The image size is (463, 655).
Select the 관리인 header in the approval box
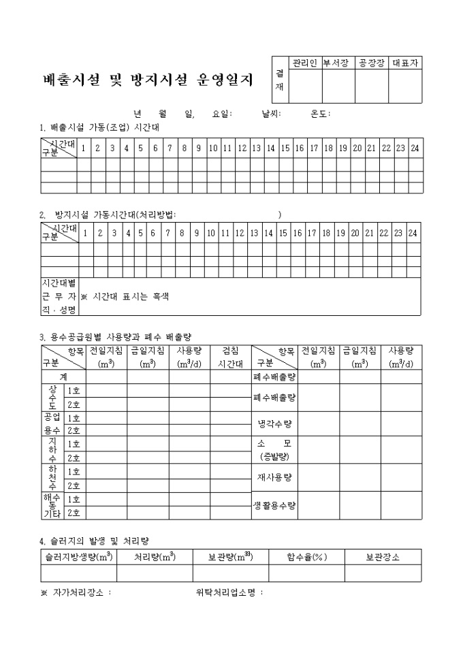click(x=305, y=63)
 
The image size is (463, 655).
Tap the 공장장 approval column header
click(x=372, y=63)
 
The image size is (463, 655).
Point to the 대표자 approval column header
click(x=405, y=63)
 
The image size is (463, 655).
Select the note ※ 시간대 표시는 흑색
click(x=125, y=297)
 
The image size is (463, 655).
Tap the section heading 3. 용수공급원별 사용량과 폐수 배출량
click(x=116, y=336)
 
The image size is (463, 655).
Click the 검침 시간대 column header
click(x=230, y=357)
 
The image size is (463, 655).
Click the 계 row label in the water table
click(x=63, y=376)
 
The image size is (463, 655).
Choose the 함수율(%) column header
click(x=306, y=556)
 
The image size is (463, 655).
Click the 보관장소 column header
click(x=383, y=556)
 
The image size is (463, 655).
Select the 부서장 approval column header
click(x=338, y=63)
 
